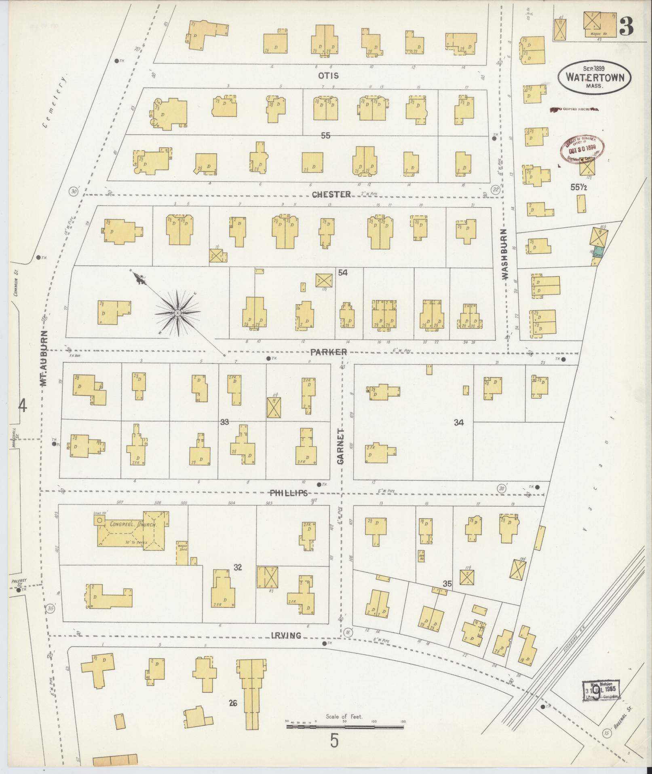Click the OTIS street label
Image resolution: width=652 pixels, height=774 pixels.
(328, 76)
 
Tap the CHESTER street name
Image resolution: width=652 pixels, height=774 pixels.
(331, 195)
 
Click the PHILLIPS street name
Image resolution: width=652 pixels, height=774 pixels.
(289, 493)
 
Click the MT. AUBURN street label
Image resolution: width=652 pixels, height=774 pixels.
(44, 358)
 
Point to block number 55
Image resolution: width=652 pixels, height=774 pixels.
(326, 136)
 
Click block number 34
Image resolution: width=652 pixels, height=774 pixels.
(458, 423)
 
